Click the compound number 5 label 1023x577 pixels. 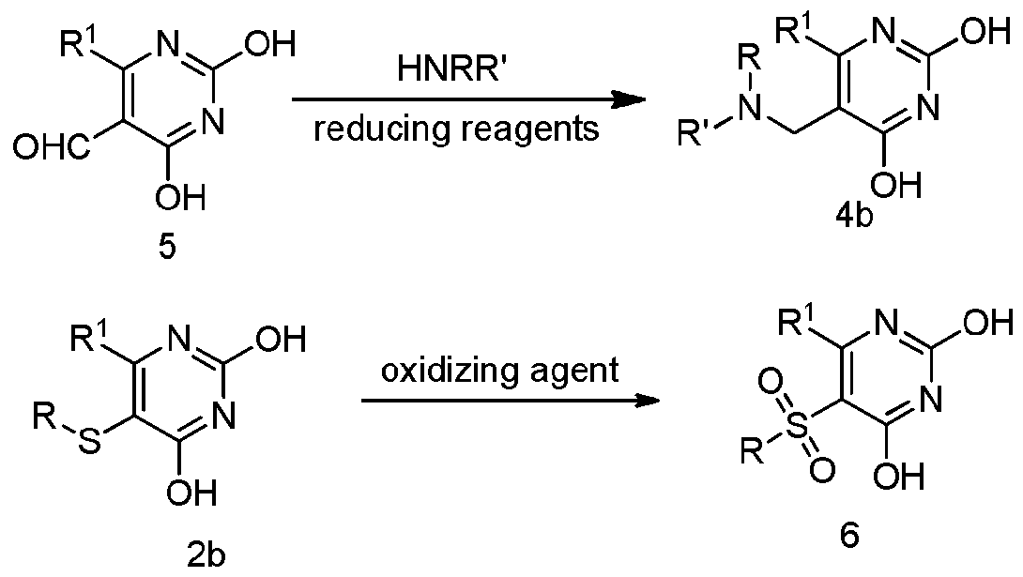(x=168, y=249)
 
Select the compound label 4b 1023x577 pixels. (x=853, y=217)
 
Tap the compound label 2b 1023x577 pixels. (x=206, y=556)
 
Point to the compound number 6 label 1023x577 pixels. (x=850, y=535)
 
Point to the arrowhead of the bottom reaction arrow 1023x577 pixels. (x=645, y=401)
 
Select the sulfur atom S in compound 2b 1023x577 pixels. (x=91, y=443)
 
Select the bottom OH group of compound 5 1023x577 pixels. (x=181, y=195)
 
